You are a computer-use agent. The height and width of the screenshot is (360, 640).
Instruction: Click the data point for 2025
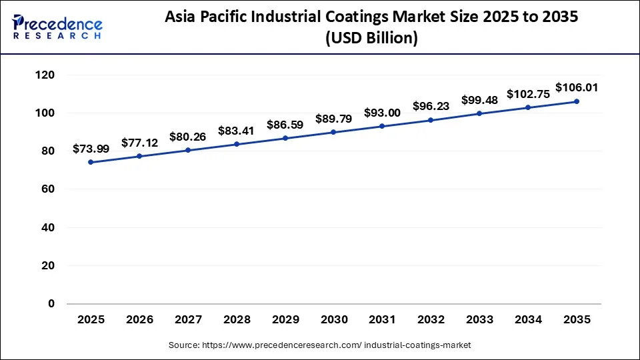tap(91, 162)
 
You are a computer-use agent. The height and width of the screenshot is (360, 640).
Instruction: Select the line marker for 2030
tap(333, 132)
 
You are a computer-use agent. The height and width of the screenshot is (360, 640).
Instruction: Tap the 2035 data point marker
tap(577, 101)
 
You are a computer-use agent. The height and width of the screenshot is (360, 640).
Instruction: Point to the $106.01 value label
tap(577, 87)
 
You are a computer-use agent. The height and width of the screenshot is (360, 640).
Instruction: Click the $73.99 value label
tap(91, 148)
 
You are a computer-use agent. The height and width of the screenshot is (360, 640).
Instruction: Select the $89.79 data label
tap(333, 119)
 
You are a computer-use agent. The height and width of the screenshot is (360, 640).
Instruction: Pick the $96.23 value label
tap(431, 106)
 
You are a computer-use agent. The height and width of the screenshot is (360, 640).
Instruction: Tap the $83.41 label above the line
tap(237, 131)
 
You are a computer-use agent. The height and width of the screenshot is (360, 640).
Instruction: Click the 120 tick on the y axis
tap(45, 75)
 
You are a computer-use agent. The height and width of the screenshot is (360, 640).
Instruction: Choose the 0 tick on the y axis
tap(51, 304)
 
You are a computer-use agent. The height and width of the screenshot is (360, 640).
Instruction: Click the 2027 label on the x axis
tap(188, 320)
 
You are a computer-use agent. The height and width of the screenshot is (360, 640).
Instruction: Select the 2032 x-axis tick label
tap(431, 320)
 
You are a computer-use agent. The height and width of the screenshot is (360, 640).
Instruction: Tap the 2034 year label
tap(528, 320)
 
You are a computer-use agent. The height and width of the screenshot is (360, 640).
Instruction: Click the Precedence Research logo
tap(57, 27)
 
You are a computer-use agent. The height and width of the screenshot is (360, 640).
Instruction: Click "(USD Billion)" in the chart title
tap(371, 39)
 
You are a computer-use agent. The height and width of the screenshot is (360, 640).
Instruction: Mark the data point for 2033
tap(479, 113)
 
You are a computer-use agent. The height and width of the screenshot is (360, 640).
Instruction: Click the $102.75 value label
tap(528, 94)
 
